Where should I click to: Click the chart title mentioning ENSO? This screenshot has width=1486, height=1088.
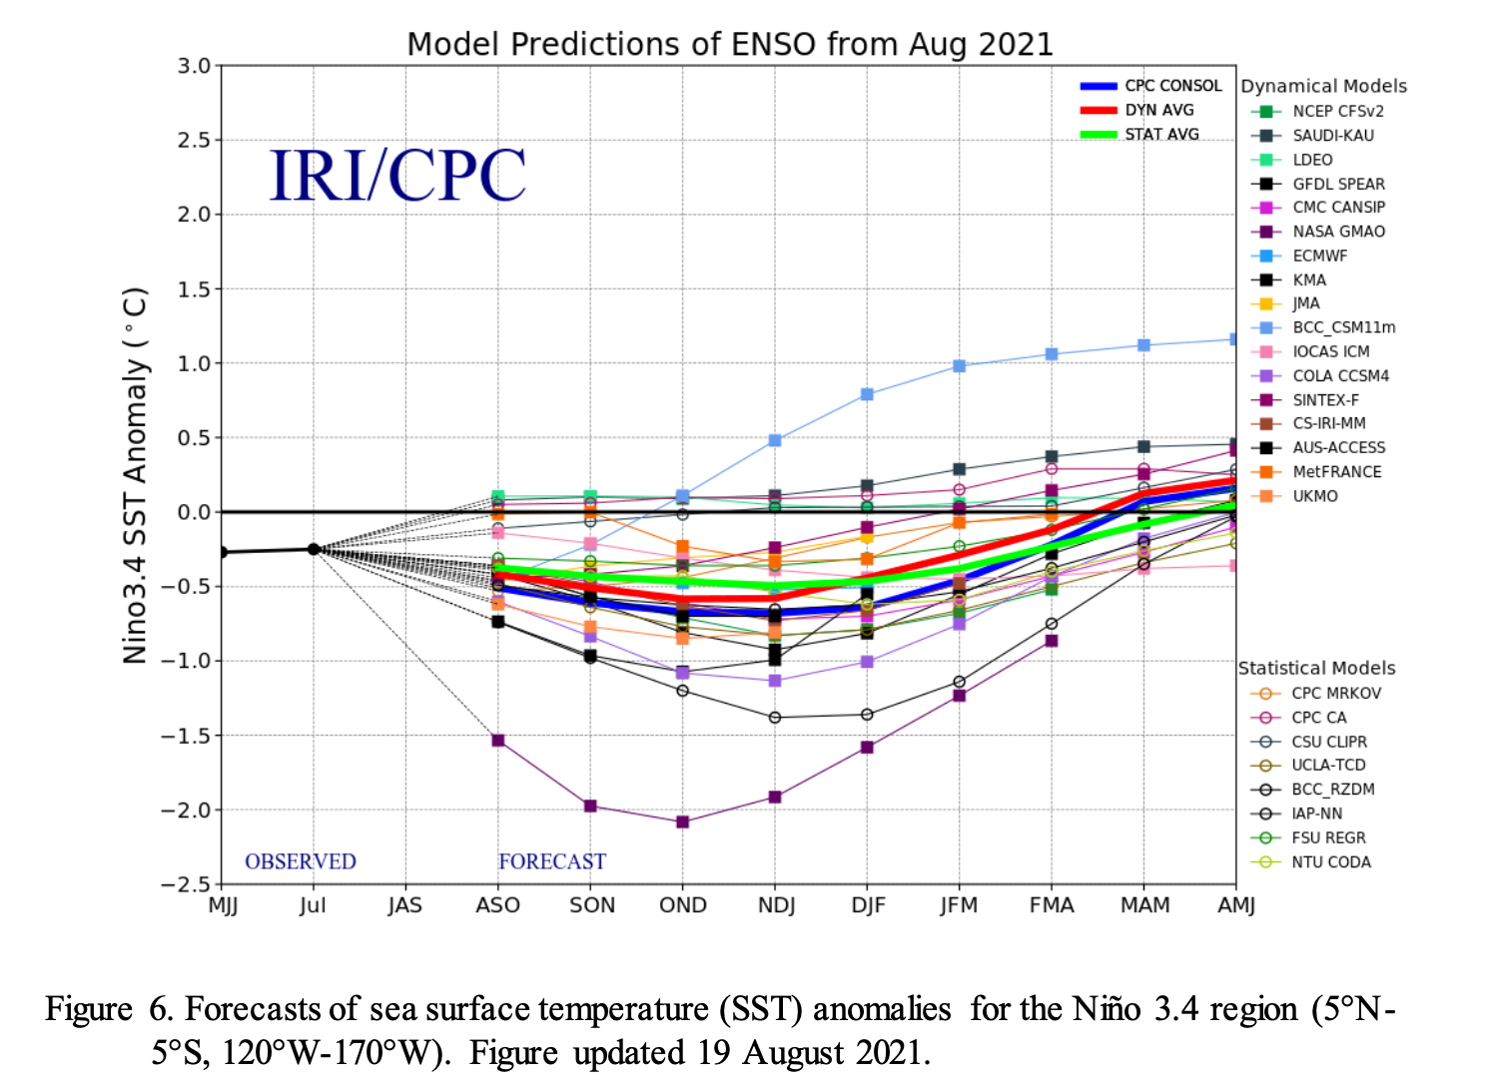[730, 45]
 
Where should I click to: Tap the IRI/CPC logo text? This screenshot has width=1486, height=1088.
[397, 176]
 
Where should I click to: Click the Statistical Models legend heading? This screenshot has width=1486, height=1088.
[1316, 668]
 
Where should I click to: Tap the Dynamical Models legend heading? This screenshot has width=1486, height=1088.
[1323, 86]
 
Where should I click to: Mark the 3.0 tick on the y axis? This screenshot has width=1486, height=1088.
[194, 66]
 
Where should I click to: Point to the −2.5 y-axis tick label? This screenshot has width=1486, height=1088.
[186, 884]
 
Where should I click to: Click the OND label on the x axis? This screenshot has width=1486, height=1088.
[683, 905]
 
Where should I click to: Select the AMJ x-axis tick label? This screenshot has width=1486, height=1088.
[1236, 905]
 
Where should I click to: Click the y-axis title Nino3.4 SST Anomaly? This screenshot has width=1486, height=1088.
[135, 475]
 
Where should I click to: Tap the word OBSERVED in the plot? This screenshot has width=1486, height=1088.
[301, 861]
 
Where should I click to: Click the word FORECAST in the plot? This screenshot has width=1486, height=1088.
[552, 861]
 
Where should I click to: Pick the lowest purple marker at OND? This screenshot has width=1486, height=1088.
[683, 821]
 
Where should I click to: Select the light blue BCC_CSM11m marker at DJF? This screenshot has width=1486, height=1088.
[867, 394]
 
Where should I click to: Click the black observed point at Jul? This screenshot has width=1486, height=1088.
[314, 549]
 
